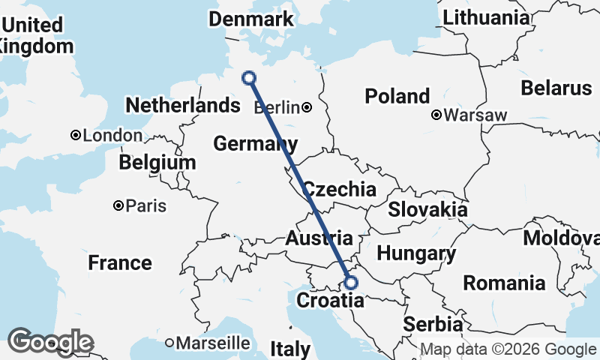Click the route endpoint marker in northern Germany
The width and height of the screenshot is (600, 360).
click(x=249, y=77)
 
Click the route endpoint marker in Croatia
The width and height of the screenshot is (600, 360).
click(x=351, y=283)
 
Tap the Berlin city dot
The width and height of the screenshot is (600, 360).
click(x=307, y=108)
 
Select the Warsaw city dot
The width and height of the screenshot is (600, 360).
click(x=436, y=115)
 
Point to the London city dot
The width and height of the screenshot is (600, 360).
click(x=76, y=136)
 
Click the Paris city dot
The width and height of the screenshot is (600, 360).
click(x=118, y=205)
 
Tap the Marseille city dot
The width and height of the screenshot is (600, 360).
click(x=170, y=343)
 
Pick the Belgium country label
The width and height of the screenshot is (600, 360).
click(x=157, y=162)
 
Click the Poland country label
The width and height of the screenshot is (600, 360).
click(x=397, y=96)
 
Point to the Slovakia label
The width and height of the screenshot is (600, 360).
click(x=427, y=209)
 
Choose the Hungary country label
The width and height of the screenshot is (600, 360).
click(x=416, y=253)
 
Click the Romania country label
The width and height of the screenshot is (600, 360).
click(x=504, y=283)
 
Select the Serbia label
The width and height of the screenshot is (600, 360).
click(x=433, y=325)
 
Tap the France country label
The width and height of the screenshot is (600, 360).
click(x=119, y=263)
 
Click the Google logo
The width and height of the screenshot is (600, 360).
click(x=50, y=342)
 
